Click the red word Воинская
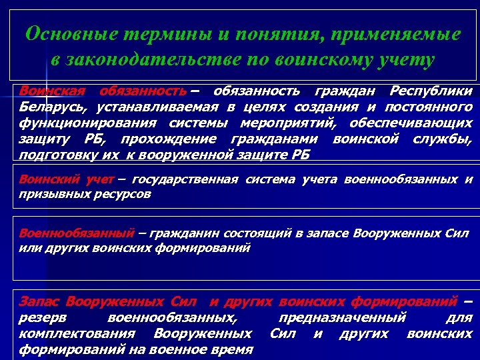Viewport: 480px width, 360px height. click(49, 91)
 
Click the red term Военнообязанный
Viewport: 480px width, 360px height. click(76, 234)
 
